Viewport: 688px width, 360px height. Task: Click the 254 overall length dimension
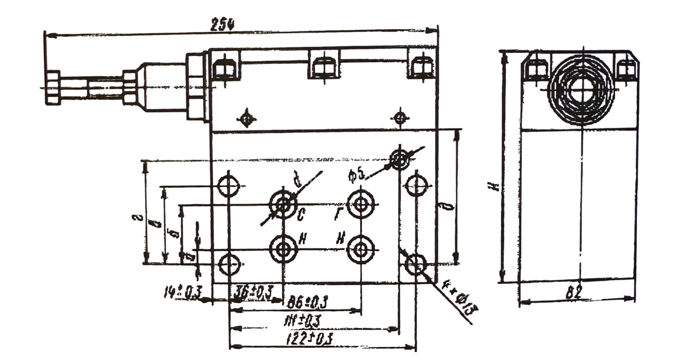(x=222, y=25)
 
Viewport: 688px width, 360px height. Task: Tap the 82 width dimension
(x=573, y=292)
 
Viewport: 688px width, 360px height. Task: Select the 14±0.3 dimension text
(x=182, y=292)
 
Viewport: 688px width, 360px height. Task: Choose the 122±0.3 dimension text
(x=309, y=339)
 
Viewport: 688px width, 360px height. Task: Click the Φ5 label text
(x=356, y=176)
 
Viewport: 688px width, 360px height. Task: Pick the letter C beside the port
(x=301, y=214)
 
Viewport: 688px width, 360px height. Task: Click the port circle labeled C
(x=284, y=204)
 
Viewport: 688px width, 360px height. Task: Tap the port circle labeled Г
(x=361, y=204)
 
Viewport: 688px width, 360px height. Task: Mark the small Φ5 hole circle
(x=399, y=160)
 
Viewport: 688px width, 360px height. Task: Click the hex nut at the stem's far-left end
(x=53, y=88)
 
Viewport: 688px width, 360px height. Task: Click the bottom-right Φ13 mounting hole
(x=416, y=264)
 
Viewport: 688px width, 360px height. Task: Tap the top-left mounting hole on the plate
(x=228, y=186)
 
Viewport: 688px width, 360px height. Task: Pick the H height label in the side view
(x=493, y=186)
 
